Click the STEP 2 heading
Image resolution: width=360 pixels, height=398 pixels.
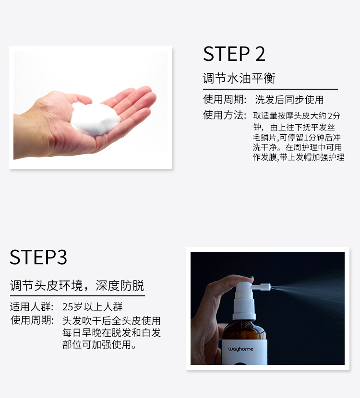coord(234,54)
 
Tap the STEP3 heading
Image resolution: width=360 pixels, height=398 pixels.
coord(38,257)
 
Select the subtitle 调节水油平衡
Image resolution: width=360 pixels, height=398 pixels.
coord(239,78)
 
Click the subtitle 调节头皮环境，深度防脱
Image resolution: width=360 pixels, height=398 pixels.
coord(77,285)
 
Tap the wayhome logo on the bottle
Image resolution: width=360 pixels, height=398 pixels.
coord(240,349)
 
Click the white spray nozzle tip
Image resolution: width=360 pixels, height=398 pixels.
coord(269,287)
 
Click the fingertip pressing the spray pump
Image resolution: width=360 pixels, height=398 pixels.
coord(248,279)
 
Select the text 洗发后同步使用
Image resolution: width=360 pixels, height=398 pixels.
coord(289,100)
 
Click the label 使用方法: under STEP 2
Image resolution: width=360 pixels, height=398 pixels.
coord(225,115)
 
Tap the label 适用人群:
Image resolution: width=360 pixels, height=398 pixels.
coord(32,307)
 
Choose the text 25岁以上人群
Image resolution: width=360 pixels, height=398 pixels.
coord(92,307)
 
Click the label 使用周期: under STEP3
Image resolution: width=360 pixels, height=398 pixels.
coord(32,320)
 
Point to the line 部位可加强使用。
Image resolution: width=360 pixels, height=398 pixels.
coord(99,344)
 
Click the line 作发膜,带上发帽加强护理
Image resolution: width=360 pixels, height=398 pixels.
coord(299,157)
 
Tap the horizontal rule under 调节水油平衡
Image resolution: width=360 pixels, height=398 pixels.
coord(270,89)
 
